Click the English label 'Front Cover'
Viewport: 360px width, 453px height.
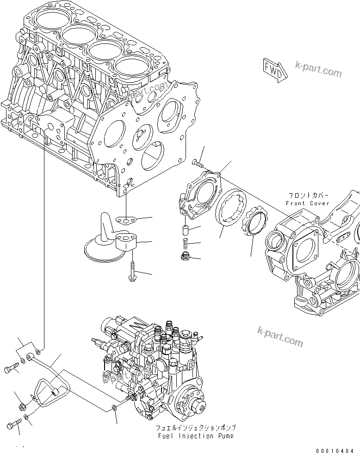[x=307, y=203]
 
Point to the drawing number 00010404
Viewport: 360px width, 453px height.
[x=337, y=450]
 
